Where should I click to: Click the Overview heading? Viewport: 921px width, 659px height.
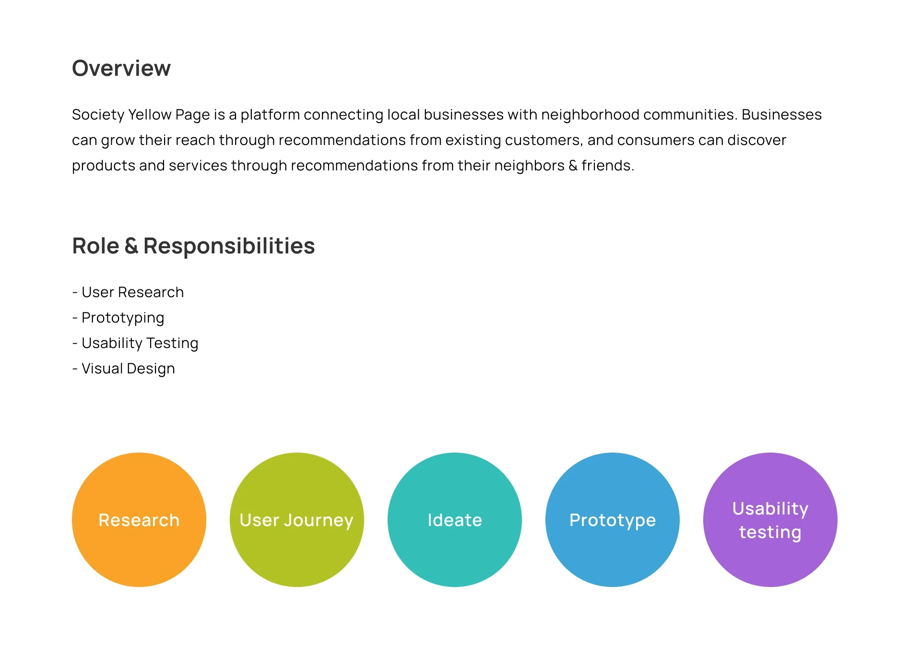121,68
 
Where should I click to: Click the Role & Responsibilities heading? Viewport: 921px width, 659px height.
193,246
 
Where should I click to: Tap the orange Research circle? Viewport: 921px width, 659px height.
139,520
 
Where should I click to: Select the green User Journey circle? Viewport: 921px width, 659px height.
297,520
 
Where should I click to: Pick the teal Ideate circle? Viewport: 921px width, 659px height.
455,520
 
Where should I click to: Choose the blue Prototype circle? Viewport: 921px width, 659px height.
613,520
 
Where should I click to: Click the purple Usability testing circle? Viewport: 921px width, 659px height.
770,520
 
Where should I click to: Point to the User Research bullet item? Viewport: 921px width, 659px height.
128,292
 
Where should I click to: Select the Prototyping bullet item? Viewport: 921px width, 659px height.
118,318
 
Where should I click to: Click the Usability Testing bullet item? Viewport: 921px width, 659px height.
135,344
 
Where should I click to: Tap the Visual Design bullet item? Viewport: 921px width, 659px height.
124,369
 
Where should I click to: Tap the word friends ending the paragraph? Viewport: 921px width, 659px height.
608,166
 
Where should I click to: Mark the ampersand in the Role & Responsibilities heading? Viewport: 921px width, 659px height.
131,246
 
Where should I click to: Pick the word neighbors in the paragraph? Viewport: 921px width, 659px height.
529,166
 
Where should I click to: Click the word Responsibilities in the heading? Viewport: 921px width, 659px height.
229,246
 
